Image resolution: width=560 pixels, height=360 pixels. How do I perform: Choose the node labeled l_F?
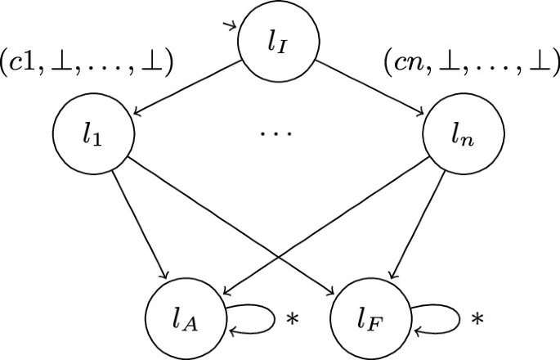tap(372, 316)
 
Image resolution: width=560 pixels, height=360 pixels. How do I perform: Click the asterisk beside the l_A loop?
tap(292, 317)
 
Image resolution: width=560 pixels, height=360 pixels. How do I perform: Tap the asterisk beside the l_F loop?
tap(477, 317)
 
